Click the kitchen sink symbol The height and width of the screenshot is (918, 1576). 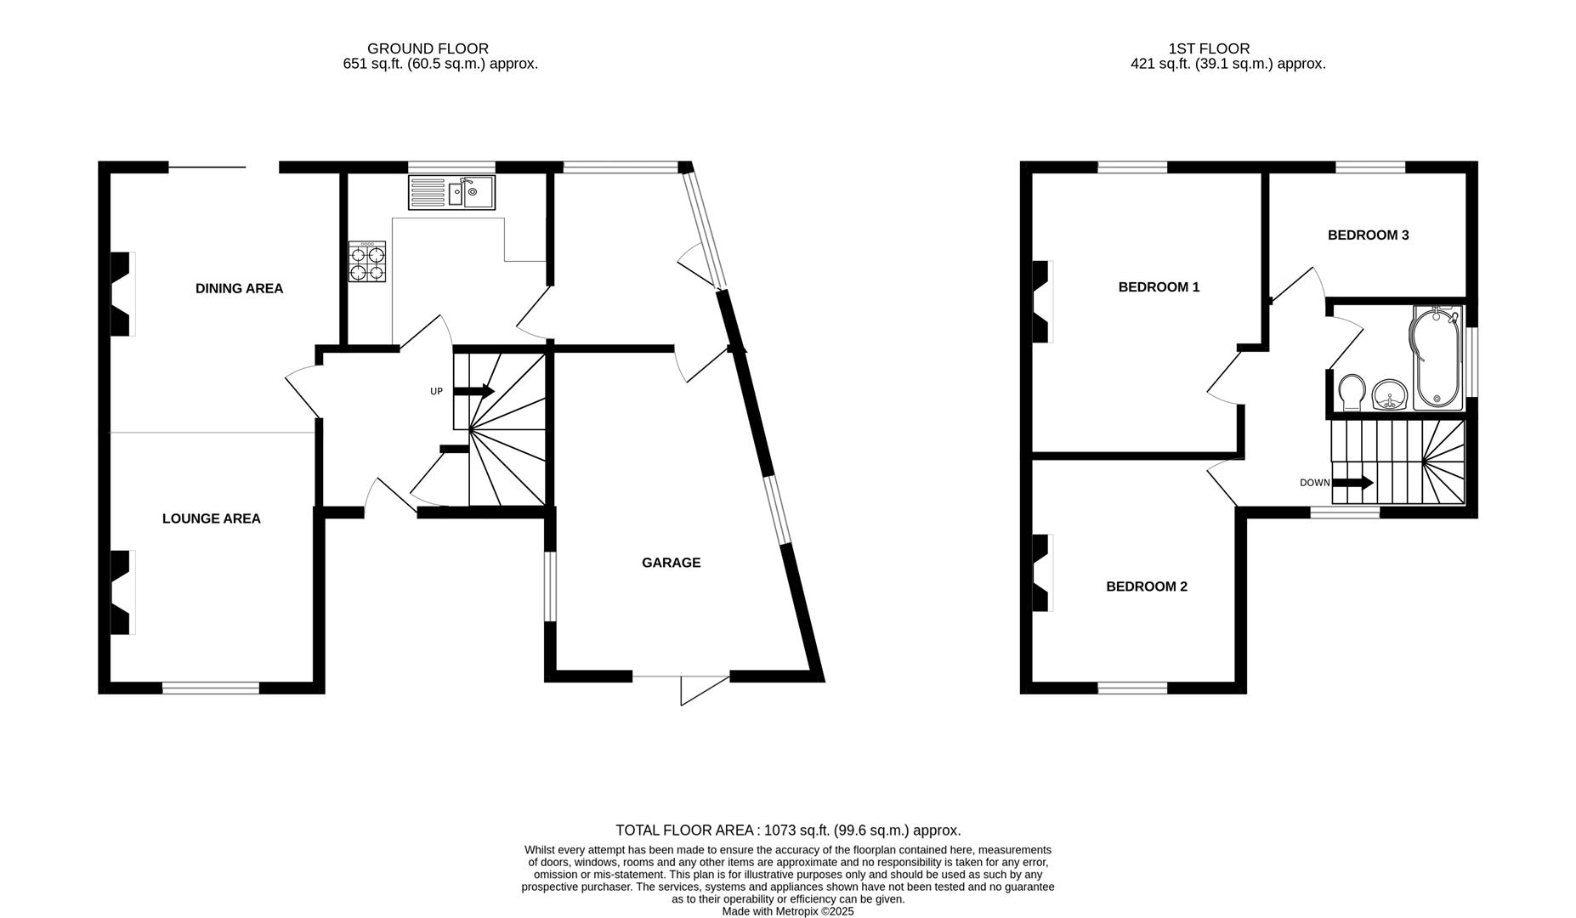pos(451,192)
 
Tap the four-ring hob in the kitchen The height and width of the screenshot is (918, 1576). pos(367,262)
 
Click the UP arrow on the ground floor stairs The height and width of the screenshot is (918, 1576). pos(474,391)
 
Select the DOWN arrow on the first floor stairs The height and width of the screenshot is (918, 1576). pos(1352,483)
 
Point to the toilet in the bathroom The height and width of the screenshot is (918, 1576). pos(1351,393)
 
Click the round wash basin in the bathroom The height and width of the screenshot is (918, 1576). pos(1390,395)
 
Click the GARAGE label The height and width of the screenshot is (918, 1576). pos(671,563)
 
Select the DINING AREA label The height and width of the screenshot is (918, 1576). pos(239,289)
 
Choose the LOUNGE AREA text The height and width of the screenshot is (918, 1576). pos(211,518)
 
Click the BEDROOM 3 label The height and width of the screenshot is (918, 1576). pos(1368,235)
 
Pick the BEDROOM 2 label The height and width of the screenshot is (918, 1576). pos(1146,586)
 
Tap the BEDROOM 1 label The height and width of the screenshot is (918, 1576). pos(1159,287)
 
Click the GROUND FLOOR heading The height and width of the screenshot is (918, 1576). pos(428,48)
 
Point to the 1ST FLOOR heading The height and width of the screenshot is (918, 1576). pos(1221,48)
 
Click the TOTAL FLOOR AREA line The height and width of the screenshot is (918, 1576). pos(787,830)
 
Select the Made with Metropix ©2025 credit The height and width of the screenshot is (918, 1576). pos(787,911)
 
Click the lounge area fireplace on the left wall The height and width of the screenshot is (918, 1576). pos(122,592)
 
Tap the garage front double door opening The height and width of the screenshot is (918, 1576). pos(681,678)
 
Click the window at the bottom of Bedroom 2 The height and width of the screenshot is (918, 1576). pos(1132,688)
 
